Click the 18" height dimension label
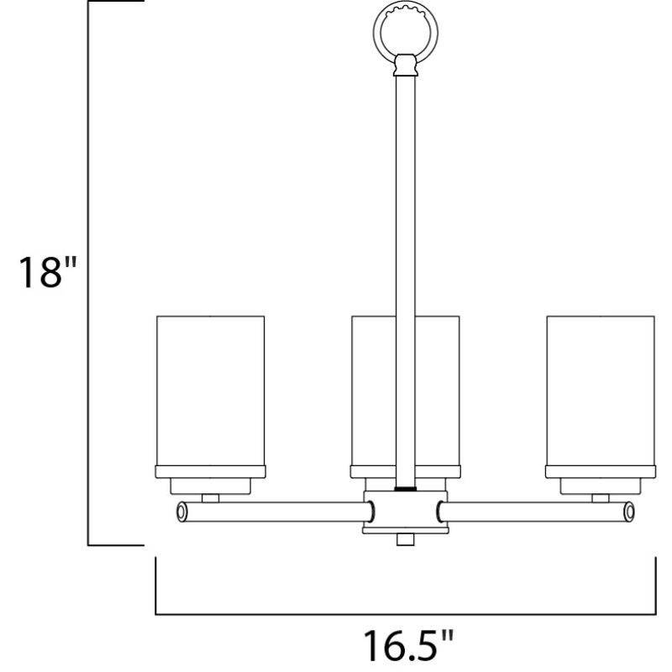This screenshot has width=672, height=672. [48, 272]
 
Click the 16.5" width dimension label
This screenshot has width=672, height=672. [408, 645]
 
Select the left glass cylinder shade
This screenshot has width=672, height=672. [211, 391]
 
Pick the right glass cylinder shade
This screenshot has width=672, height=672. [601, 391]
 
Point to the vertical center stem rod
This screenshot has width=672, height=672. [405, 281]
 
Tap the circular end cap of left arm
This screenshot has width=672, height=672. [181, 512]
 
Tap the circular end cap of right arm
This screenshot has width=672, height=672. [629, 512]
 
